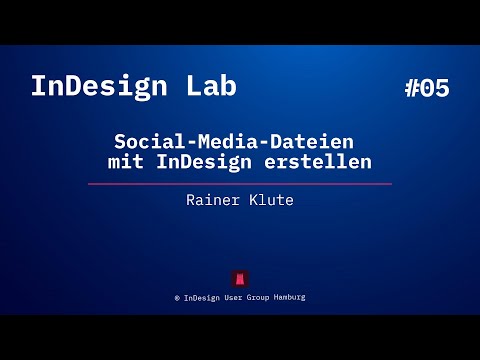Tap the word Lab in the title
click(212, 86)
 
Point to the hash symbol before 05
click(412, 88)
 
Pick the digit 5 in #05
click(442, 88)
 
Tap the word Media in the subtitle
click(215, 144)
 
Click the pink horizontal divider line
click(239, 184)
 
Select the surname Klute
click(271, 200)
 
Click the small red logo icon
click(240, 278)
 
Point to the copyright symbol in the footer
click(176, 298)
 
